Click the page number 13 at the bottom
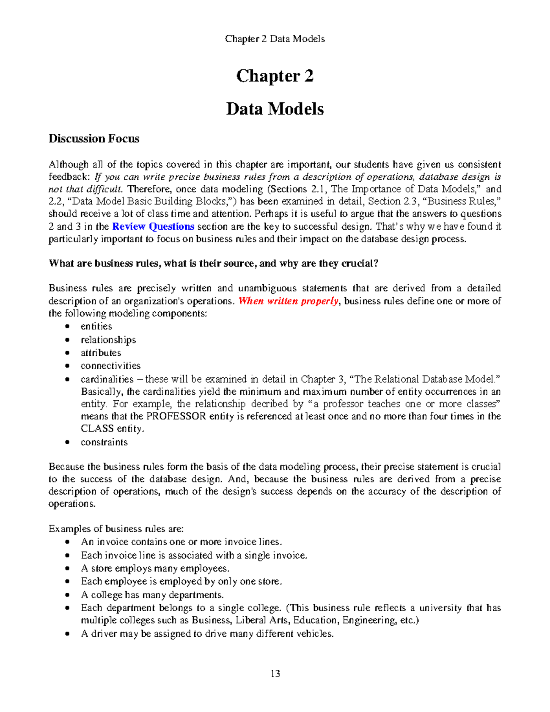[x=275, y=673]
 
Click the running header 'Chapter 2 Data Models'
[x=275, y=39]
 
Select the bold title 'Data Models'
[x=275, y=109]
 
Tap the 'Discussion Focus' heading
[x=94, y=138]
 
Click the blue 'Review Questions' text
[x=153, y=226]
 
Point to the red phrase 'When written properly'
[x=289, y=301]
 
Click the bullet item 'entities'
[x=96, y=326]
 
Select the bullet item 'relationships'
[x=108, y=340]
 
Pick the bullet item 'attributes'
[x=101, y=353]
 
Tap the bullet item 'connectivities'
[x=110, y=366]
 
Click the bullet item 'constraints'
[x=104, y=442]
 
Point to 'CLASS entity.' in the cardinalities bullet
[x=112, y=429]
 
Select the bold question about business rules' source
[x=214, y=264]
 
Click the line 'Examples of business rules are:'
[x=116, y=529]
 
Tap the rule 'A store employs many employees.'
[x=155, y=568]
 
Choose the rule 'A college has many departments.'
[x=152, y=595]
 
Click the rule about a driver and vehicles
[x=207, y=634]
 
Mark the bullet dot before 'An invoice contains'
[x=68, y=542]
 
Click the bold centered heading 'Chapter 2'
[x=275, y=76]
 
